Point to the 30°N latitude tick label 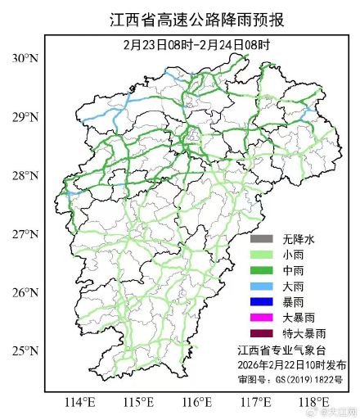[25, 58]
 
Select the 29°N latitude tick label [25, 117]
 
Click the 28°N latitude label [25, 175]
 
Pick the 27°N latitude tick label [25, 234]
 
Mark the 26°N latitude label [25, 292]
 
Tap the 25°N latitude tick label [25, 351]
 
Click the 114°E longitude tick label [79, 402]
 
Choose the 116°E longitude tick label [197, 402]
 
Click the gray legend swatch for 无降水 [262, 239]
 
